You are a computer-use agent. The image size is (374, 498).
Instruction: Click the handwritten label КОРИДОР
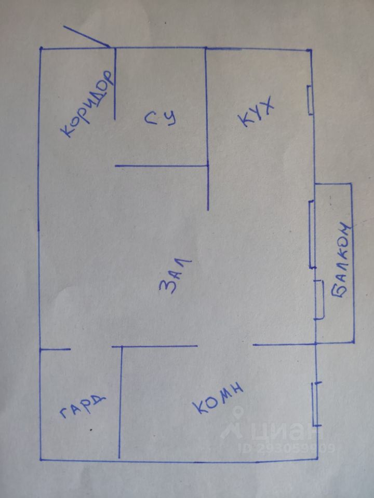(x=87, y=104)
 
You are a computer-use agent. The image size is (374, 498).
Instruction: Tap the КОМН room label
(x=218, y=399)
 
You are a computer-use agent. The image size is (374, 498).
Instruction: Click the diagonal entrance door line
(x=87, y=36)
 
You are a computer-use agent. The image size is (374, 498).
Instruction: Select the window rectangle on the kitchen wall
(x=311, y=100)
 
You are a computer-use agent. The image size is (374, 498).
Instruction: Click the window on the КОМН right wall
(x=316, y=404)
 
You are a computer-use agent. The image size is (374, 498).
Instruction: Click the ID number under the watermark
(x=286, y=448)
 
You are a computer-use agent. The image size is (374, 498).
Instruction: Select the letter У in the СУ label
(x=172, y=118)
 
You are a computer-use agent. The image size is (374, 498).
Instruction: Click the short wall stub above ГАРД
(x=55, y=349)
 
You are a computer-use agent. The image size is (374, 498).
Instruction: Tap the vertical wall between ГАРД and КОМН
(x=120, y=402)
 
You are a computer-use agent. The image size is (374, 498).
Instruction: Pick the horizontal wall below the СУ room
(x=162, y=166)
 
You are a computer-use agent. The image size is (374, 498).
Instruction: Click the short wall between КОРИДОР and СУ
(x=115, y=84)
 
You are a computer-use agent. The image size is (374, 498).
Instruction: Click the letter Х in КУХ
(x=266, y=105)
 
